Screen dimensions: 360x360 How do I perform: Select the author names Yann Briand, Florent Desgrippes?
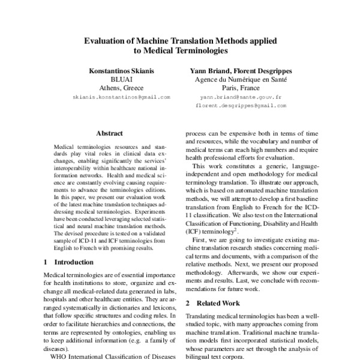(241, 69)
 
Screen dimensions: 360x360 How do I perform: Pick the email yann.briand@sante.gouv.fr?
(241, 97)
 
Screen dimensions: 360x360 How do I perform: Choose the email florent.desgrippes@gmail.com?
(241, 105)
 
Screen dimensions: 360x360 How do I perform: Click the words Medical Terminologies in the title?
(181, 52)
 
